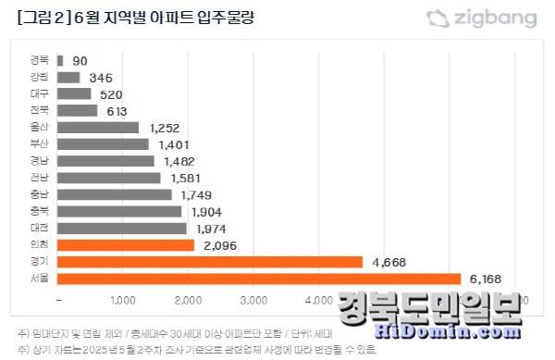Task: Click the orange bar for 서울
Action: tap(259, 279)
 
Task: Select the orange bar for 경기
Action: tap(210, 262)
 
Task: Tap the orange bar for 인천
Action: tap(126, 244)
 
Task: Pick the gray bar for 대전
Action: tap(122, 228)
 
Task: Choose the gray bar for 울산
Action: tap(98, 127)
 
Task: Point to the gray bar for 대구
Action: tap(74, 93)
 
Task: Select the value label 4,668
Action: tap(388, 262)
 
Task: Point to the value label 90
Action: tap(80, 60)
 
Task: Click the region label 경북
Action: tap(40, 60)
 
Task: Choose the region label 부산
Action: tap(40, 144)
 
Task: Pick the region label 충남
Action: tap(40, 194)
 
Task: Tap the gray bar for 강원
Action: tap(68, 77)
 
